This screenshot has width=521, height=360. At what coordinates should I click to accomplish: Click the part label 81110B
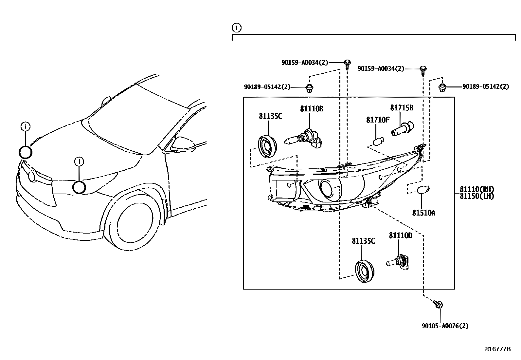[312, 109]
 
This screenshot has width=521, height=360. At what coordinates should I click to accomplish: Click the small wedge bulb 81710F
[377, 142]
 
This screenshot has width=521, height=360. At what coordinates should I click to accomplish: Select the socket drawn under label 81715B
[402, 129]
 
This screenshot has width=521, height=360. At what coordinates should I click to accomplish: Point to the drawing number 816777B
[497, 349]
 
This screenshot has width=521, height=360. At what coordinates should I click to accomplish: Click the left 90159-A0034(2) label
[304, 62]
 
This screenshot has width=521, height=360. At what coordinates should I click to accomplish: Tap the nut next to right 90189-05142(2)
[442, 87]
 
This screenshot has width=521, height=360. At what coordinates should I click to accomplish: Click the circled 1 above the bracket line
[236, 28]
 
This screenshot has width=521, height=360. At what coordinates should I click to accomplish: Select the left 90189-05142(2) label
[267, 87]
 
